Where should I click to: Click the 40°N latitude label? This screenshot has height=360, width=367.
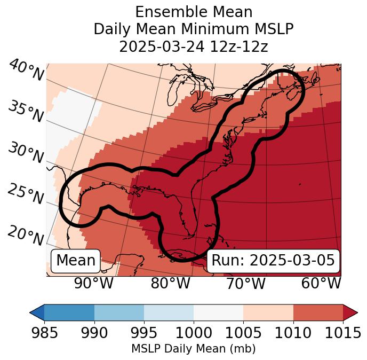tap(26, 71)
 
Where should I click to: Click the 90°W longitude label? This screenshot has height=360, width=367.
tap(93, 284)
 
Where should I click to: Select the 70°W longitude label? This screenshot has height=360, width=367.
tap(246, 284)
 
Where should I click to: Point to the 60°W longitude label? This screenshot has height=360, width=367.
tap(321, 284)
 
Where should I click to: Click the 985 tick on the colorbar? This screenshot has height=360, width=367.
tap(44, 333)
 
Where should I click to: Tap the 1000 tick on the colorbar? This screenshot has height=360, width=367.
tap(194, 333)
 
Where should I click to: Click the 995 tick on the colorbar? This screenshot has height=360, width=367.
tap(144, 333)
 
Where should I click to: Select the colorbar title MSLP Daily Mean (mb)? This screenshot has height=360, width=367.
tap(193, 349)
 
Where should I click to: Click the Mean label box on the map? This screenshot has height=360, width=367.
tap(76, 260)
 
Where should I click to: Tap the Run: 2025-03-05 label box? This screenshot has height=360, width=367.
tap(273, 260)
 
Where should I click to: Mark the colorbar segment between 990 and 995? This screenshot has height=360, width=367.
tap(119, 312)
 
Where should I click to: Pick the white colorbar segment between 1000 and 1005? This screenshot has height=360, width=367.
tap(218, 312)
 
